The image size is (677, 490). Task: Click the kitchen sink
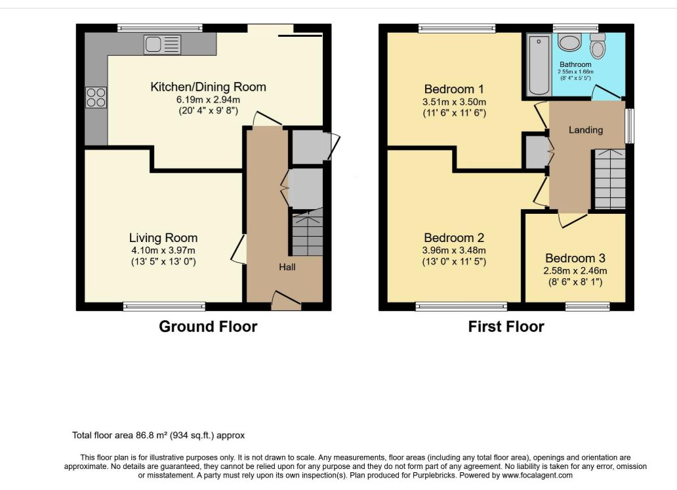[x=162, y=45]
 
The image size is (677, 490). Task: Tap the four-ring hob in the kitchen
[x=96, y=97]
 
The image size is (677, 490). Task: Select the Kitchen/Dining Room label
[x=208, y=87]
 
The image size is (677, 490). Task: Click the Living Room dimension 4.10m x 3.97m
[x=163, y=251]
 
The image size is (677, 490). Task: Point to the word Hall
[x=287, y=267]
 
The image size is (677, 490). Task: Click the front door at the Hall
[x=286, y=300]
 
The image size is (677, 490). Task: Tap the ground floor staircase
[x=308, y=232]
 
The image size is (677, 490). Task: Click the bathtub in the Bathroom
[x=539, y=65]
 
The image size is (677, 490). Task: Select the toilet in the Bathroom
[x=598, y=46]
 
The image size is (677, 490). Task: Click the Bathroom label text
[x=575, y=64]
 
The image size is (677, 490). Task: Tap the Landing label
[x=585, y=130]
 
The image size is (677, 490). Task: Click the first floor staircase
[x=610, y=179]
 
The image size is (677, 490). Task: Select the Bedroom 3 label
[x=575, y=258]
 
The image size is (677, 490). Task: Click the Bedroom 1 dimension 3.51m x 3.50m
[x=454, y=102]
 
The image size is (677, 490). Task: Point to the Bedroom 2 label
[x=454, y=238]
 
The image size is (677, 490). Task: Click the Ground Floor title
[x=208, y=327]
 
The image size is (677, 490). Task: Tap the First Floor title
[x=506, y=327]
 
